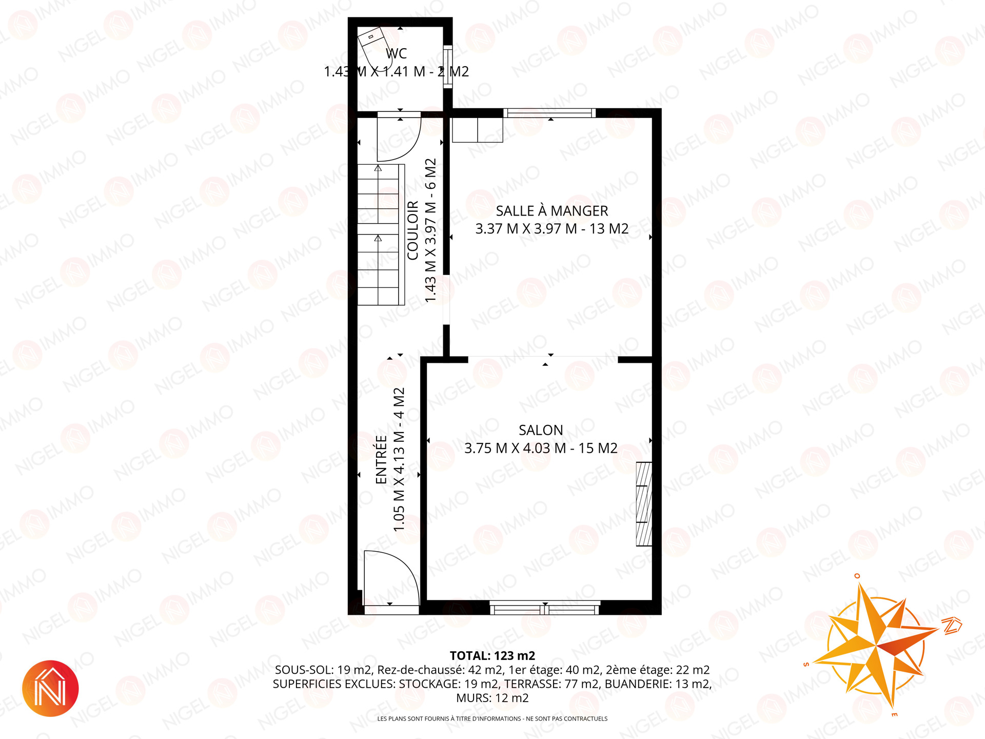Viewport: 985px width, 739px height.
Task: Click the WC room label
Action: coord(396,53)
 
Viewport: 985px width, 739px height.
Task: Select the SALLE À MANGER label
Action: coord(551,210)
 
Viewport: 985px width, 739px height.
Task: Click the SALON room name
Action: coord(541,430)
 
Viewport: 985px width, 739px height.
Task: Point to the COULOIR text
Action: coord(413,230)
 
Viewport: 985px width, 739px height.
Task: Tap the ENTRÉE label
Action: coord(381,459)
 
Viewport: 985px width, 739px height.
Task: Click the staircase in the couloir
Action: coord(381,235)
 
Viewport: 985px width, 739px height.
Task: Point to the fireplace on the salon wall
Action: coord(644,504)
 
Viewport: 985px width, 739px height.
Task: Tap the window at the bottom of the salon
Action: coord(545,609)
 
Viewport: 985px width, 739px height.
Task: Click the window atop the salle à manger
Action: coord(549,113)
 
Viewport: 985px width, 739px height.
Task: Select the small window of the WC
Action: coord(448,67)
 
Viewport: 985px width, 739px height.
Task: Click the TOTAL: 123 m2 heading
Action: coord(493,656)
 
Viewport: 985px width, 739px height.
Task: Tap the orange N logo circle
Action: coord(50,688)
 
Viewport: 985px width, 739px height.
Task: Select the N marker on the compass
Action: coord(952,626)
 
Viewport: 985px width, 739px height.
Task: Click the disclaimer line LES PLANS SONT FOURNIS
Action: coord(493,718)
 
